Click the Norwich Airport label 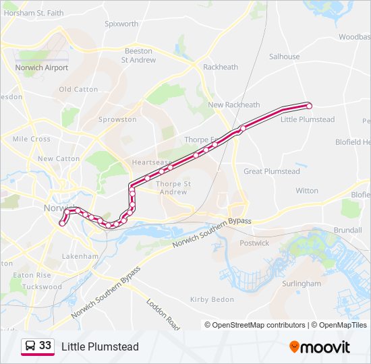click(41, 68)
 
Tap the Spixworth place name click(121, 24)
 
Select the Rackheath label click(221, 67)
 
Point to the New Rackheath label click(233, 105)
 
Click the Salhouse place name click(284, 57)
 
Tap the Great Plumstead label click(271, 171)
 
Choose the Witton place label click(307, 191)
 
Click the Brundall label click(347, 230)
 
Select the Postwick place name click(254, 243)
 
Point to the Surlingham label click(301, 284)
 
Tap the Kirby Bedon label click(212, 299)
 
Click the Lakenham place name click(80, 257)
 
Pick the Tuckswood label click(42, 287)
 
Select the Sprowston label click(117, 119)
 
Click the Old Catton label click(78, 89)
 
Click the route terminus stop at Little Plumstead click(309, 106)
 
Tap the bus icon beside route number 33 click(30, 346)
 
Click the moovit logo click(320, 347)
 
